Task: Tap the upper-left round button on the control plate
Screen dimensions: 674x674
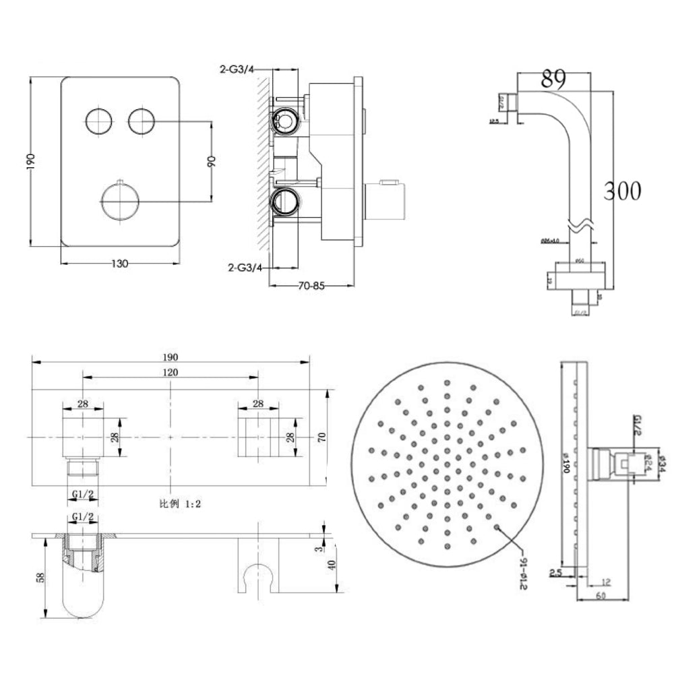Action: [99, 121]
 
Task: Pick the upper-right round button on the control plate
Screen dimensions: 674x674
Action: [142, 121]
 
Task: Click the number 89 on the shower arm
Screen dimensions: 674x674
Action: [553, 79]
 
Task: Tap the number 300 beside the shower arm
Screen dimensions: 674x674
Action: [621, 191]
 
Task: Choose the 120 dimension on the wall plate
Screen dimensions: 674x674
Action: [170, 372]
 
